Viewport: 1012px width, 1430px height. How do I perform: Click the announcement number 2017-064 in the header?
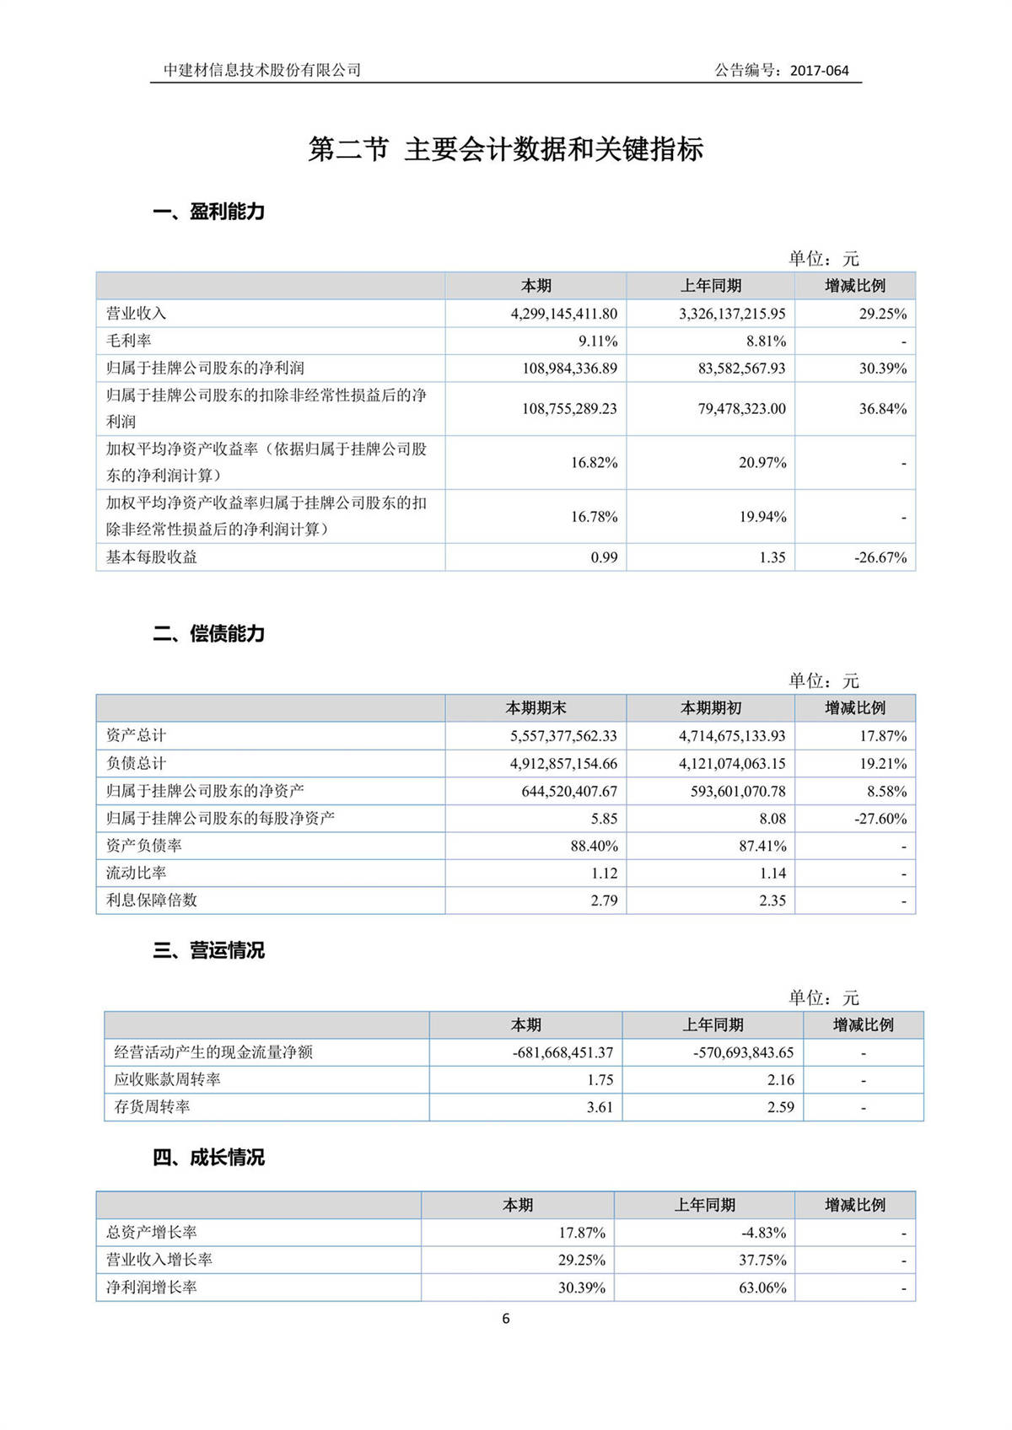pyautogui.click(x=819, y=71)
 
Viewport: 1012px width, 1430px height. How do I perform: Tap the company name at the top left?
pyautogui.click(x=262, y=70)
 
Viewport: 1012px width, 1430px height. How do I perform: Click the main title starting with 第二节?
pyautogui.click(x=505, y=149)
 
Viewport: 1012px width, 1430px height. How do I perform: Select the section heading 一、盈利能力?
pyautogui.click(x=208, y=212)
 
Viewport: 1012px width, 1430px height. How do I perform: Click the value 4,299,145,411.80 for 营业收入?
pyautogui.click(x=563, y=314)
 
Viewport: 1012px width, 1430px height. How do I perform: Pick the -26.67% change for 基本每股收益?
pyautogui.click(x=880, y=557)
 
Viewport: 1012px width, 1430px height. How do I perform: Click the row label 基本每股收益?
pyautogui.click(x=152, y=557)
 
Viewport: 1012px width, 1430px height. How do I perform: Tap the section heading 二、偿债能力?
pyautogui.click(x=208, y=634)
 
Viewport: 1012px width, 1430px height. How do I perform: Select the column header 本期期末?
pyautogui.click(x=536, y=708)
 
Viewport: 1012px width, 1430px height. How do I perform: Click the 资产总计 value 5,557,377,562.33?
pyautogui.click(x=563, y=736)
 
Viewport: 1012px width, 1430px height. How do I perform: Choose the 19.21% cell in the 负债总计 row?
pyautogui.click(x=883, y=764)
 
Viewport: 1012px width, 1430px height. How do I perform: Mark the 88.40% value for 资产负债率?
pyautogui.click(x=594, y=846)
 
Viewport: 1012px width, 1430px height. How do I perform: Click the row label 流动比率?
pyautogui.click(x=137, y=873)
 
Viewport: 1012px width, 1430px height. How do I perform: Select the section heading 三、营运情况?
pyautogui.click(x=208, y=950)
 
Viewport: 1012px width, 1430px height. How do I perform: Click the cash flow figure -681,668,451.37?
pyautogui.click(x=563, y=1052)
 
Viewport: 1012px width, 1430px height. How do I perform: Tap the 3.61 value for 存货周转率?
pyautogui.click(x=600, y=1107)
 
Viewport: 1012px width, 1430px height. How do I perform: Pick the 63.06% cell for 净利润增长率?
pyautogui.click(x=762, y=1288)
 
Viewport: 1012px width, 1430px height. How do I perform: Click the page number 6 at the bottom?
pyautogui.click(x=506, y=1319)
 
